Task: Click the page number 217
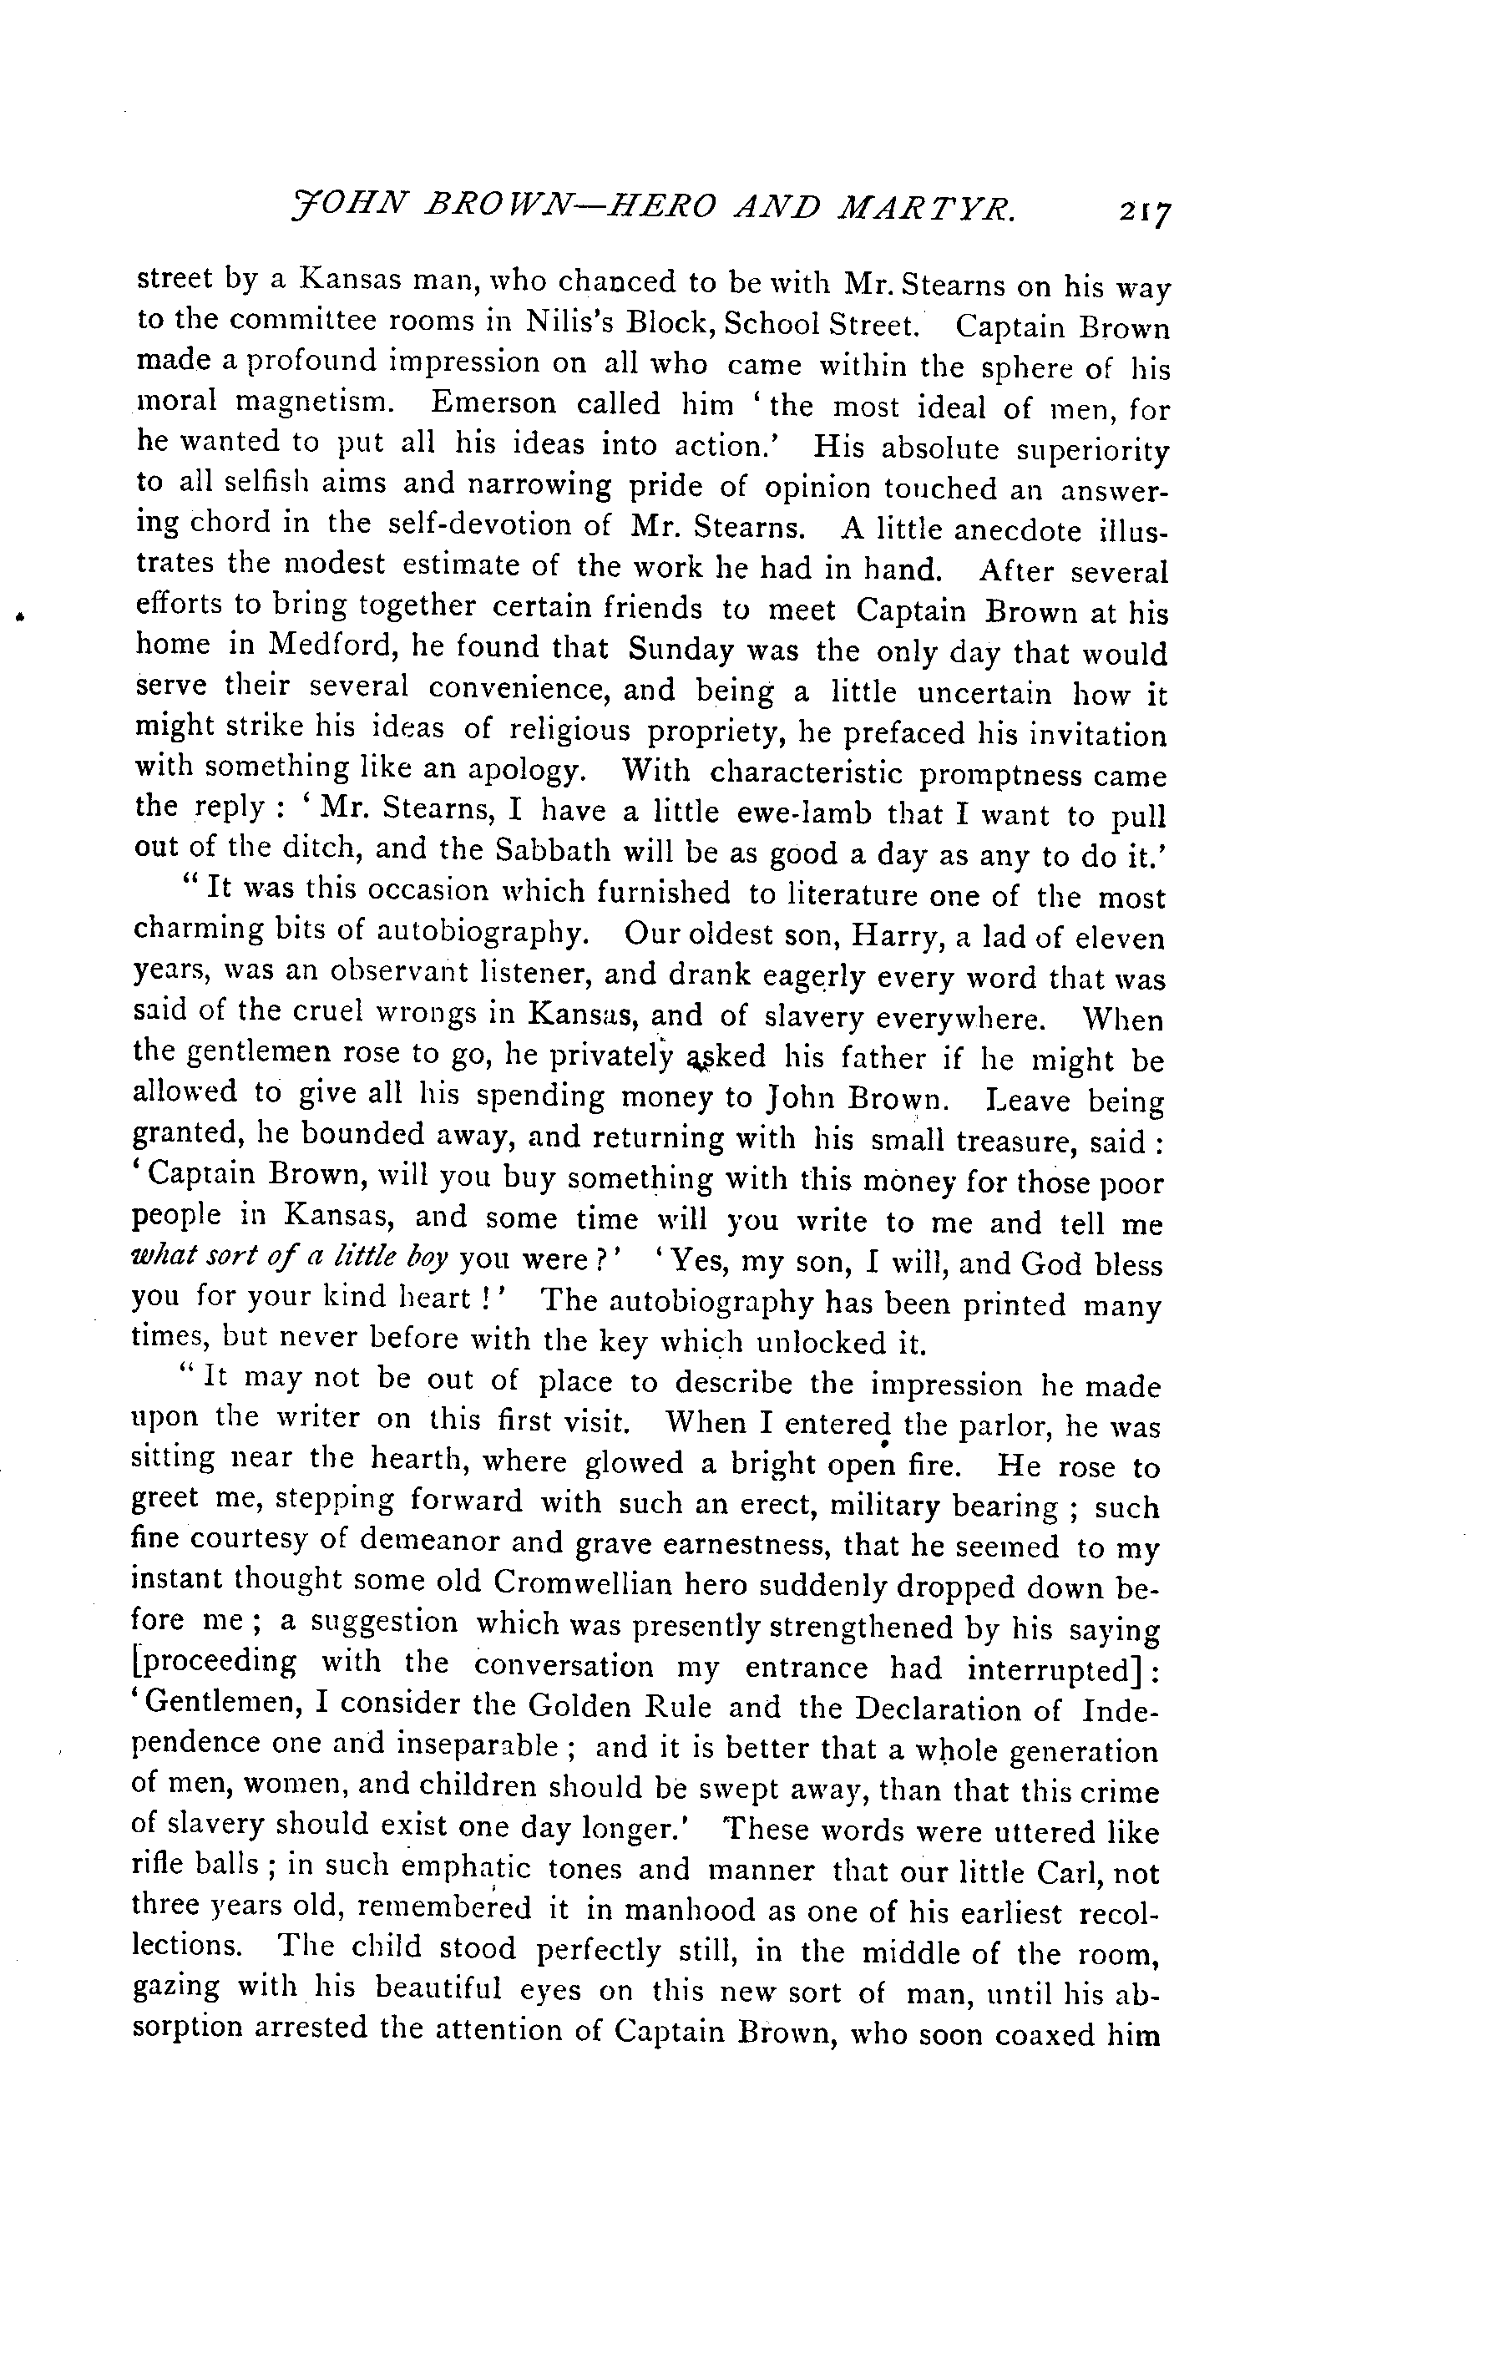coord(1144,212)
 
